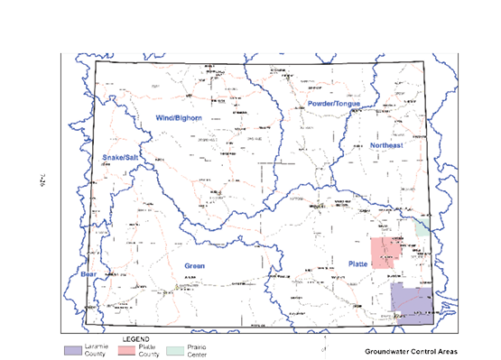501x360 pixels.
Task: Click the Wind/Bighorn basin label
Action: point(178,118)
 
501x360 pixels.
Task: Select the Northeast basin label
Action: point(386,145)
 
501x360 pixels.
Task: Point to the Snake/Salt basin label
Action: point(120,157)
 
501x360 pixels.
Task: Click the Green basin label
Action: point(195,265)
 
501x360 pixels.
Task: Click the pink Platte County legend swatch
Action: point(127,347)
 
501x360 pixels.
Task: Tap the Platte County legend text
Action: point(151,348)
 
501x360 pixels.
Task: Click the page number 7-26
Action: point(42,181)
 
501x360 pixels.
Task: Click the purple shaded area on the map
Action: point(412,301)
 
